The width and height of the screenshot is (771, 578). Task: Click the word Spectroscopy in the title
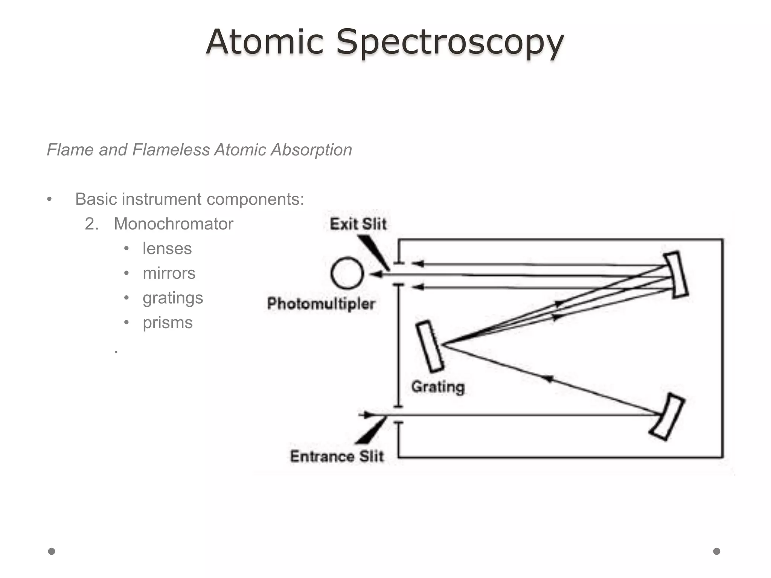pyautogui.click(x=449, y=42)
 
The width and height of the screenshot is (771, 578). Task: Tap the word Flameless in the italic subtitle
pyautogui.click(x=171, y=150)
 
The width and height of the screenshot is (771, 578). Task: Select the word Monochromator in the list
pyautogui.click(x=174, y=224)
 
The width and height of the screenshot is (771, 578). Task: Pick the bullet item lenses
pyautogui.click(x=167, y=249)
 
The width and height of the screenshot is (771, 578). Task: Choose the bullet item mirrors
pyautogui.click(x=169, y=273)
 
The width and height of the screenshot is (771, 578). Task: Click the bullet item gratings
pyautogui.click(x=173, y=298)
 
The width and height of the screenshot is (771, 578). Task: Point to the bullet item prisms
pyautogui.click(x=168, y=323)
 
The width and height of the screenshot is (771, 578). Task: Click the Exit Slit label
pyautogui.click(x=358, y=224)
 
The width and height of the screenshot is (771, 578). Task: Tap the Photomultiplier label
pyautogui.click(x=321, y=304)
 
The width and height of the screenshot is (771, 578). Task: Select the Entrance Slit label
pyautogui.click(x=337, y=456)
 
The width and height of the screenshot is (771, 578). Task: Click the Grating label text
pyautogui.click(x=438, y=387)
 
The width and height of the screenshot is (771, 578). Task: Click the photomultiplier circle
pyautogui.click(x=347, y=273)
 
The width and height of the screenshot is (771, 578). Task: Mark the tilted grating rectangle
pyautogui.click(x=430, y=346)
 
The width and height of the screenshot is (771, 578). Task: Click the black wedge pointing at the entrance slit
pyautogui.click(x=371, y=431)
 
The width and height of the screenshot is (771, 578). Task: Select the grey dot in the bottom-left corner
pyautogui.click(x=52, y=551)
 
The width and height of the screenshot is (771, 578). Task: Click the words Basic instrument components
pyautogui.click(x=189, y=199)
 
